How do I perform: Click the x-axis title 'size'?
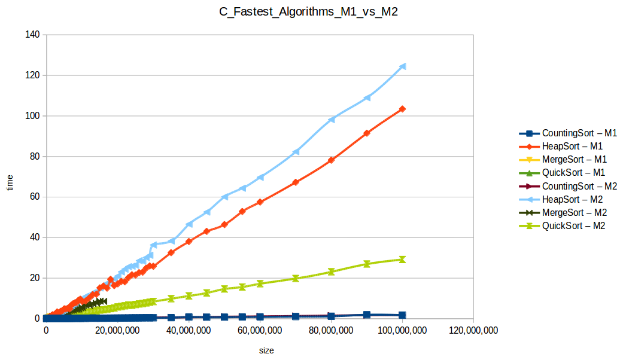coord(266,350)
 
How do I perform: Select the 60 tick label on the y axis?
coord(34,197)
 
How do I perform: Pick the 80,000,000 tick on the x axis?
coord(331,330)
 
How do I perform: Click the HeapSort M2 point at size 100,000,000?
coord(402,66)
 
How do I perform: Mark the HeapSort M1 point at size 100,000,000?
coord(402,109)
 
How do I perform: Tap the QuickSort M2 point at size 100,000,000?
coord(402,260)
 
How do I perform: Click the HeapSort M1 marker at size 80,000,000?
coord(331,160)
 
